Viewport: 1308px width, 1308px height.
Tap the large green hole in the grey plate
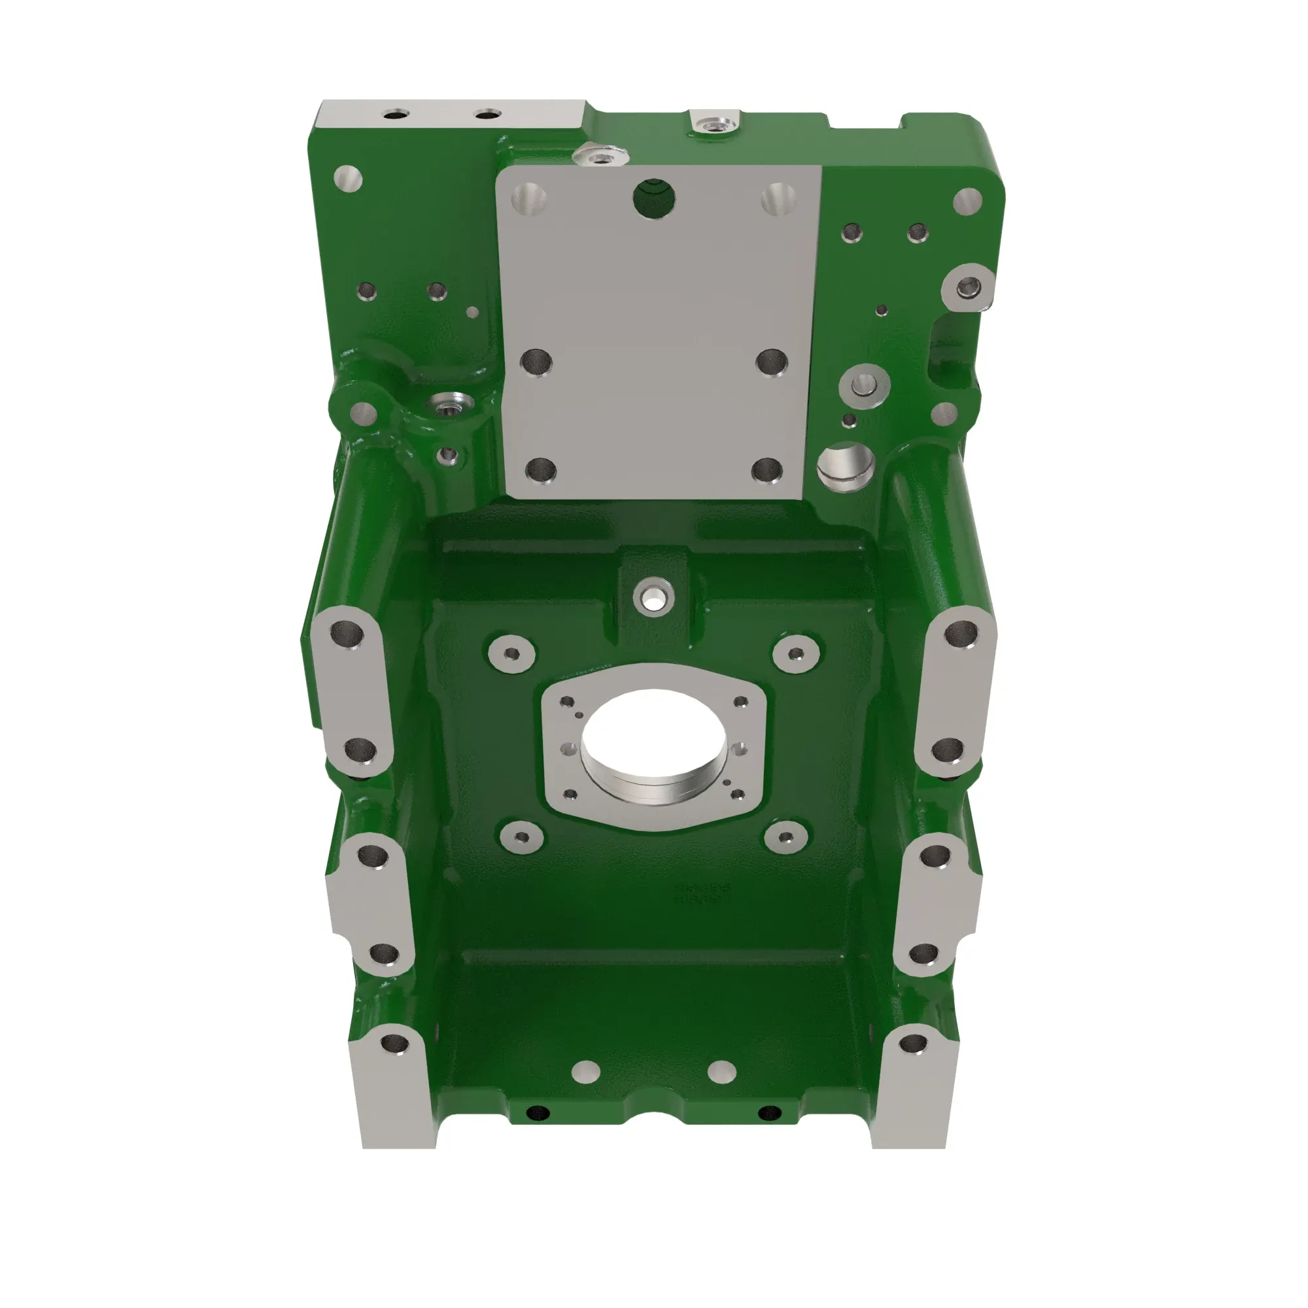click(x=653, y=198)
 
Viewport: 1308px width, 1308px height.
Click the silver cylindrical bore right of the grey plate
click(x=845, y=466)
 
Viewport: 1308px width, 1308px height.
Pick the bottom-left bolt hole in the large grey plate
click(x=540, y=470)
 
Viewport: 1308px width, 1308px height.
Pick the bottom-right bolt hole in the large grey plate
click(x=766, y=468)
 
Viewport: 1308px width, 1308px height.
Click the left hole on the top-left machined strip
click(x=392, y=115)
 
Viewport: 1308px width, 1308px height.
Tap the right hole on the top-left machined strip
click(x=487, y=114)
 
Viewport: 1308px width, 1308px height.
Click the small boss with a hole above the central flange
click(x=653, y=596)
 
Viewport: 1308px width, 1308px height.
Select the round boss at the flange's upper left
click(x=512, y=653)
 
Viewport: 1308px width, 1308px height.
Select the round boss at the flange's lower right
click(x=785, y=837)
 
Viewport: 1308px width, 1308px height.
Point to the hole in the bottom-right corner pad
click(x=912, y=1044)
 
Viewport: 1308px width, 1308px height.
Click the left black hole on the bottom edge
click(x=538, y=1112)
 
